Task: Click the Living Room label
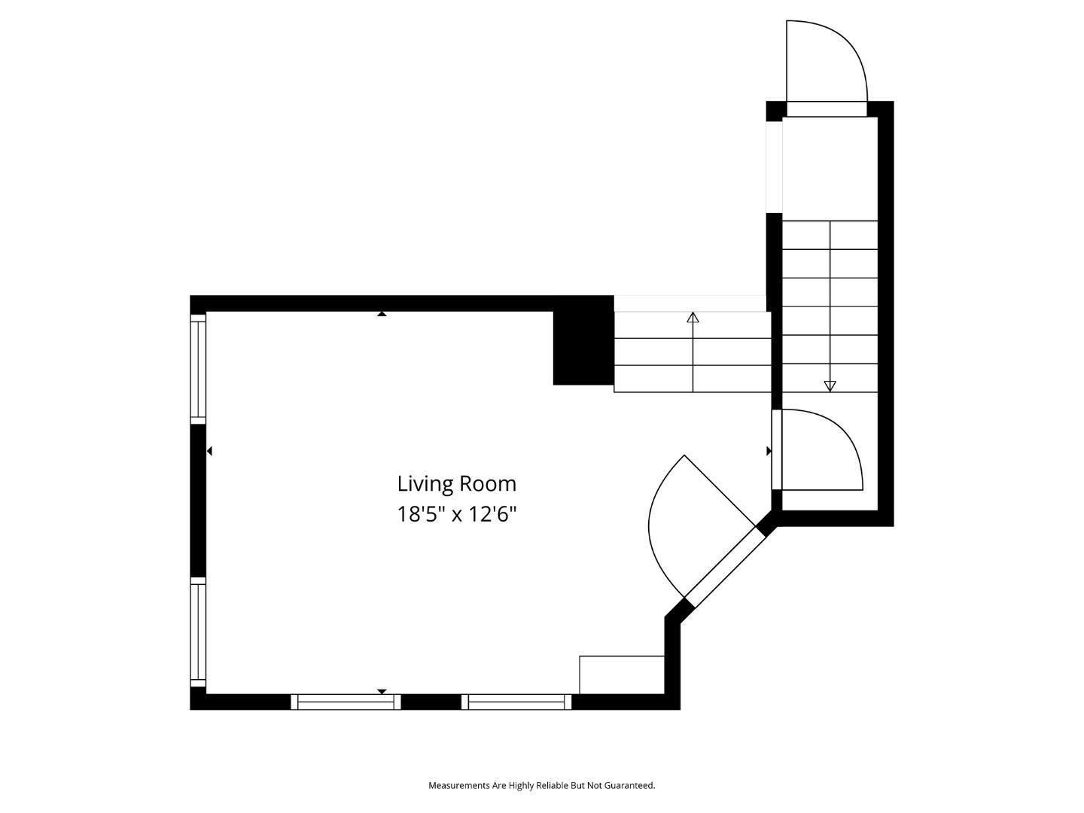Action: pos(457,483)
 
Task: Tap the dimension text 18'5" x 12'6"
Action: pos(457,515)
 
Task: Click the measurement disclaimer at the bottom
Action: pos(541,785)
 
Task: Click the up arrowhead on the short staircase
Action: pos(693,317)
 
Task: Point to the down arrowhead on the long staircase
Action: pos(830,386)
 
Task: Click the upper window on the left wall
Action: pos(198,369)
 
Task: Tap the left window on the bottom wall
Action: pos(346,702)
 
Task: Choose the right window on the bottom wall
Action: pos(516,702)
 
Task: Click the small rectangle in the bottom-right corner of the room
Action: pos(622,674)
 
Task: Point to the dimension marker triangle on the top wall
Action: pos(382,314)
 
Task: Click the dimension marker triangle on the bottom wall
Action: pos(382,691)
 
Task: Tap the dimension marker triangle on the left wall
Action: pos(209,451)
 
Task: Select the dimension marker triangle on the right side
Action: pos(769,451)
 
